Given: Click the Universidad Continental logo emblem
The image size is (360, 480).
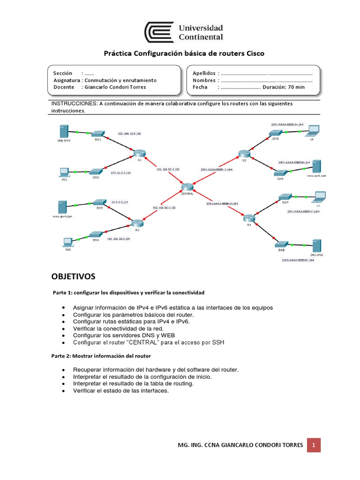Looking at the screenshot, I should tap(159, 32).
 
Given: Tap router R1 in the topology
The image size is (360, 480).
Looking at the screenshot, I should tap(139, 153).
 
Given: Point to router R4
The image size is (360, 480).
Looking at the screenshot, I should tap(248, 217).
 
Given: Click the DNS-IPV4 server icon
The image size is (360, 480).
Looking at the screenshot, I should tap(63, 131).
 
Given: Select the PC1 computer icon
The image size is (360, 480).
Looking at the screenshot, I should tap(64, 172).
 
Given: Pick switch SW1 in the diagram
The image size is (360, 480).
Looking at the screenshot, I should tap(98, 134).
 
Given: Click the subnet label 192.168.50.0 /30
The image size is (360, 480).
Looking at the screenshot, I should tap(168, 169).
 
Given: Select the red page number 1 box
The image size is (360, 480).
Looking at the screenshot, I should tap(314, 444).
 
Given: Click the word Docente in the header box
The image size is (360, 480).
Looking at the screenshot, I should tap(64, 87).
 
